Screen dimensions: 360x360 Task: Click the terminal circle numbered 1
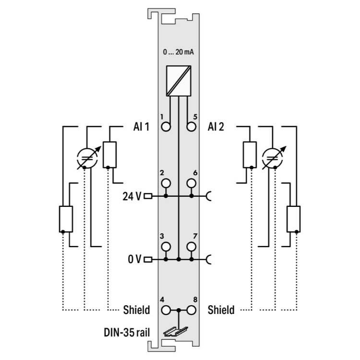pos(166,127)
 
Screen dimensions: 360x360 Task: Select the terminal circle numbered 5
pos(192,127)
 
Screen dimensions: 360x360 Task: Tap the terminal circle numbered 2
pos(166,183)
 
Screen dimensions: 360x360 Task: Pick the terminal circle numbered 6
pos(192,183)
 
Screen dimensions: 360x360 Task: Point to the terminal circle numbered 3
pos(166,247)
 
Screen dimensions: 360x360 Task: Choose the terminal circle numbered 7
pos(192,247)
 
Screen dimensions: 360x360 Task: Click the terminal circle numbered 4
pos(166,310)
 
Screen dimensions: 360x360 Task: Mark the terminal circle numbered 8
pos(192,310)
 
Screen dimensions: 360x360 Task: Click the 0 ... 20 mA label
pos(179,52)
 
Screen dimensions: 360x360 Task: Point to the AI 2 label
pos(216,127)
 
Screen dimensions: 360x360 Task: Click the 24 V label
pos(133,196)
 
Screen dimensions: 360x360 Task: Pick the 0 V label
pos(135,260)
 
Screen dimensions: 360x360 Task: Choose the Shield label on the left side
pos(136,310)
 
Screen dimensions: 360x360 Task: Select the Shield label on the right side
pos(221,310)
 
